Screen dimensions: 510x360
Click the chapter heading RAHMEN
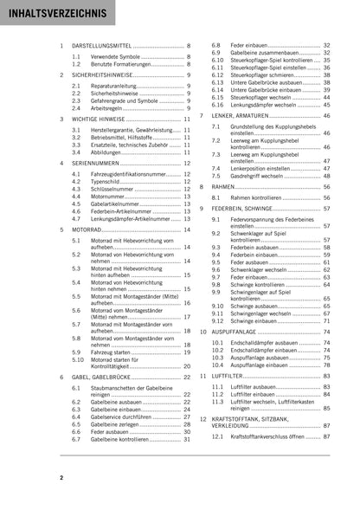coord(225,186)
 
